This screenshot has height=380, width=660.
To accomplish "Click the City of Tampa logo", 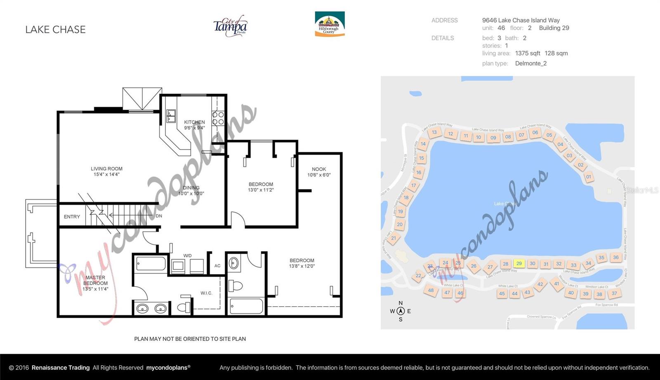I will [x=230, y=26].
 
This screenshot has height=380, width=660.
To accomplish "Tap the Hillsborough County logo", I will [x=330, y=24].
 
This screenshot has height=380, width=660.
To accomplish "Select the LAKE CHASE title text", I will [x=55, y=29].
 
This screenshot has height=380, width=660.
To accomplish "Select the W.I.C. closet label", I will [x=206, y=293].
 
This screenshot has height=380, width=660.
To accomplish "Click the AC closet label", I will [x=217, y=266].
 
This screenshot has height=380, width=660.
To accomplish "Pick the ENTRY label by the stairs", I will [x=72, y=216].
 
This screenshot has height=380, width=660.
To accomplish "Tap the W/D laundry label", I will [x=187, y=256].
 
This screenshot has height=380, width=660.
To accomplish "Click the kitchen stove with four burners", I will [x=218, y=118].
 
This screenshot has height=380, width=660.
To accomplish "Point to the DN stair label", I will [x=159, y=216].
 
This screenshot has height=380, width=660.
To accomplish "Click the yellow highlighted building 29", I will [x=519, y=263].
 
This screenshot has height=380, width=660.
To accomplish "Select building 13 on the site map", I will [x=434, y=132].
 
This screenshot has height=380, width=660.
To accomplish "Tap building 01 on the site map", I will [x=588, y=177].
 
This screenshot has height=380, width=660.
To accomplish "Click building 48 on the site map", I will [x=431, y=290].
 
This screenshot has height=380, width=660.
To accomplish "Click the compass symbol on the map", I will [x=400, y=311].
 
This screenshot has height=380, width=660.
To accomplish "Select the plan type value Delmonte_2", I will [x=530, y=63].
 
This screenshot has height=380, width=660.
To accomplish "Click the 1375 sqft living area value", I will [x=527, y=53].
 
